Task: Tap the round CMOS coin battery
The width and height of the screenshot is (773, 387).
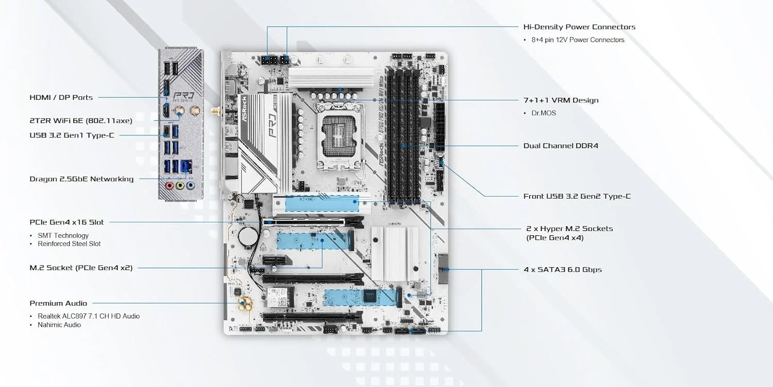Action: pyautogui.click(x=249, y=236)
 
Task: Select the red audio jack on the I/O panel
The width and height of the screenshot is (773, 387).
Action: pyautogui.click(x=169, y=185)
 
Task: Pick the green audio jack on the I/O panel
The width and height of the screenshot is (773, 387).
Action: pyautogui.click(x=179, y=185)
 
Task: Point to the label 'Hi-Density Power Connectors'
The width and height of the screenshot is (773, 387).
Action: pyautogui.click(x=579, y=27)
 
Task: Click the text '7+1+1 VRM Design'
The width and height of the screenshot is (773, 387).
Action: pyautogui.click(x=561, y=100)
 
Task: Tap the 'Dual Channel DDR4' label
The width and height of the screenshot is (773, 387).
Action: pyautogui.click(x=561, y=146)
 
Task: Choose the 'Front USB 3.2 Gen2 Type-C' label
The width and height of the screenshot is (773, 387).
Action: pyautogui.click(x=577, y=196)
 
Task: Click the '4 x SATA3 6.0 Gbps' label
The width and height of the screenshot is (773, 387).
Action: pyautogui.click(x=562, y=270)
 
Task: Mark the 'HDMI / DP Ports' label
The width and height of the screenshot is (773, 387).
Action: pyautogui.click(x=61, y=97)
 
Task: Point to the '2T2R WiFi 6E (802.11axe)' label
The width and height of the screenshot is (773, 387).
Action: pyautogui.click(x=81, y=120)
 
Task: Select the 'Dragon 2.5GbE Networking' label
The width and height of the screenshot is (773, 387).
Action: pyautogui.click(x=81, y=179)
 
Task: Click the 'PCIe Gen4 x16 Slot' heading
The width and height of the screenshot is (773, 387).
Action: pyautogui.click(x=66, y=222)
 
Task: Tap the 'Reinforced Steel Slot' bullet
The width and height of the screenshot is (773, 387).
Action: pyautogui.click(x=69, y=244)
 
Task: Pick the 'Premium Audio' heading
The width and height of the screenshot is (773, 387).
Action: pyautogui.click(x=58, y=303)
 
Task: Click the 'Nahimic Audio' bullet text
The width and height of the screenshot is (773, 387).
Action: pyautogui.click(x=59, y=325)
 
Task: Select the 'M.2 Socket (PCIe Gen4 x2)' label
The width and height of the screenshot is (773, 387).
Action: pyautogui.click(x=80, y=268)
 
